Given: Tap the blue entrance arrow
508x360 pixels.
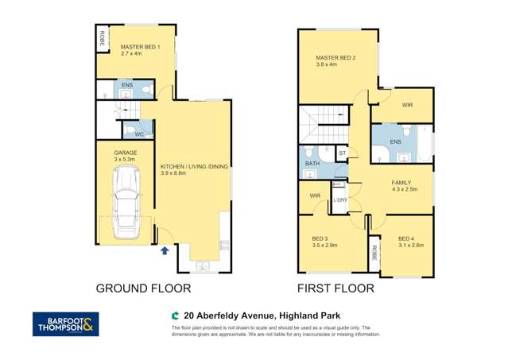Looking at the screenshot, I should (x=165, y=251).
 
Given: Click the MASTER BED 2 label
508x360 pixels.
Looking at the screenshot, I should (x=335, y=58).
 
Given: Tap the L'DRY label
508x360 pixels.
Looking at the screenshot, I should (x=340, y=199).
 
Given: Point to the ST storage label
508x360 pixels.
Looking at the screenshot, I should (x=342, y=152).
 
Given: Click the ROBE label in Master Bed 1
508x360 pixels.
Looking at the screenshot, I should (x=102, y=37).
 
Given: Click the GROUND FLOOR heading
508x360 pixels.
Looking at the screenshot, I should (x=137, y=288).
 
